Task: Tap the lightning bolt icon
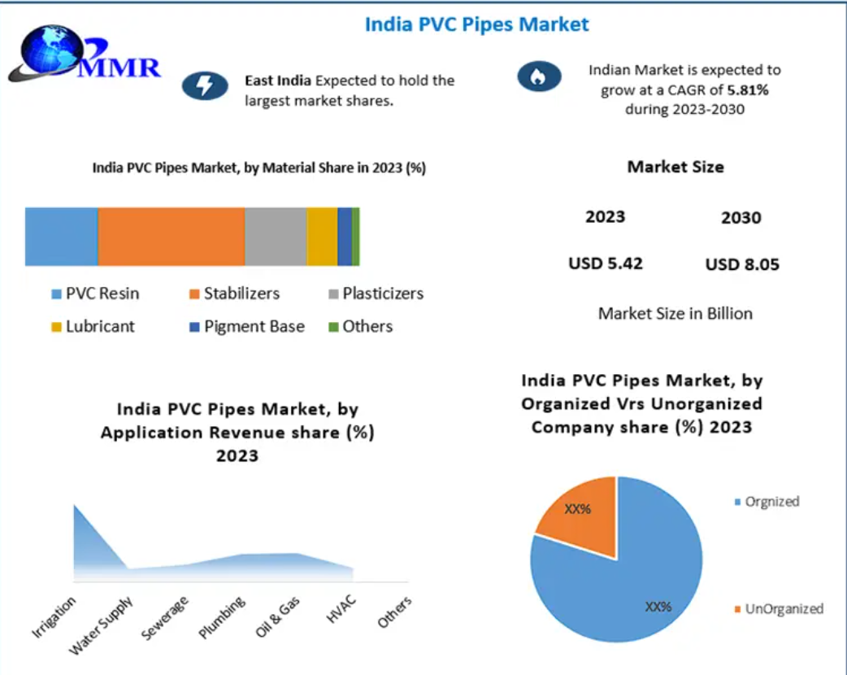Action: (x=203, y=85)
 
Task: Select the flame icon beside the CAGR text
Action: (x=540, y=77)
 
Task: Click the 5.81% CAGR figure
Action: (x=746, y=90)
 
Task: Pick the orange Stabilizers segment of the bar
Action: (x=171, y=237)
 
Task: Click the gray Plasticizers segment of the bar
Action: (x=276, y=237)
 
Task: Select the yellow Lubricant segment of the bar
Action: (x=322, y=237)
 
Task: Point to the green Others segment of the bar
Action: (x=356, y=237)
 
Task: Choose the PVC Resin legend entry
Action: (x=94, y=294)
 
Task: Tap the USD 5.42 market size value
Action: (x=605, y=263)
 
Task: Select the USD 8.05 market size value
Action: (x=742, y=264)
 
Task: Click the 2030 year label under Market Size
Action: (x=741, y=218)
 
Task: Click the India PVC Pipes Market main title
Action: (x=476, y=24)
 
